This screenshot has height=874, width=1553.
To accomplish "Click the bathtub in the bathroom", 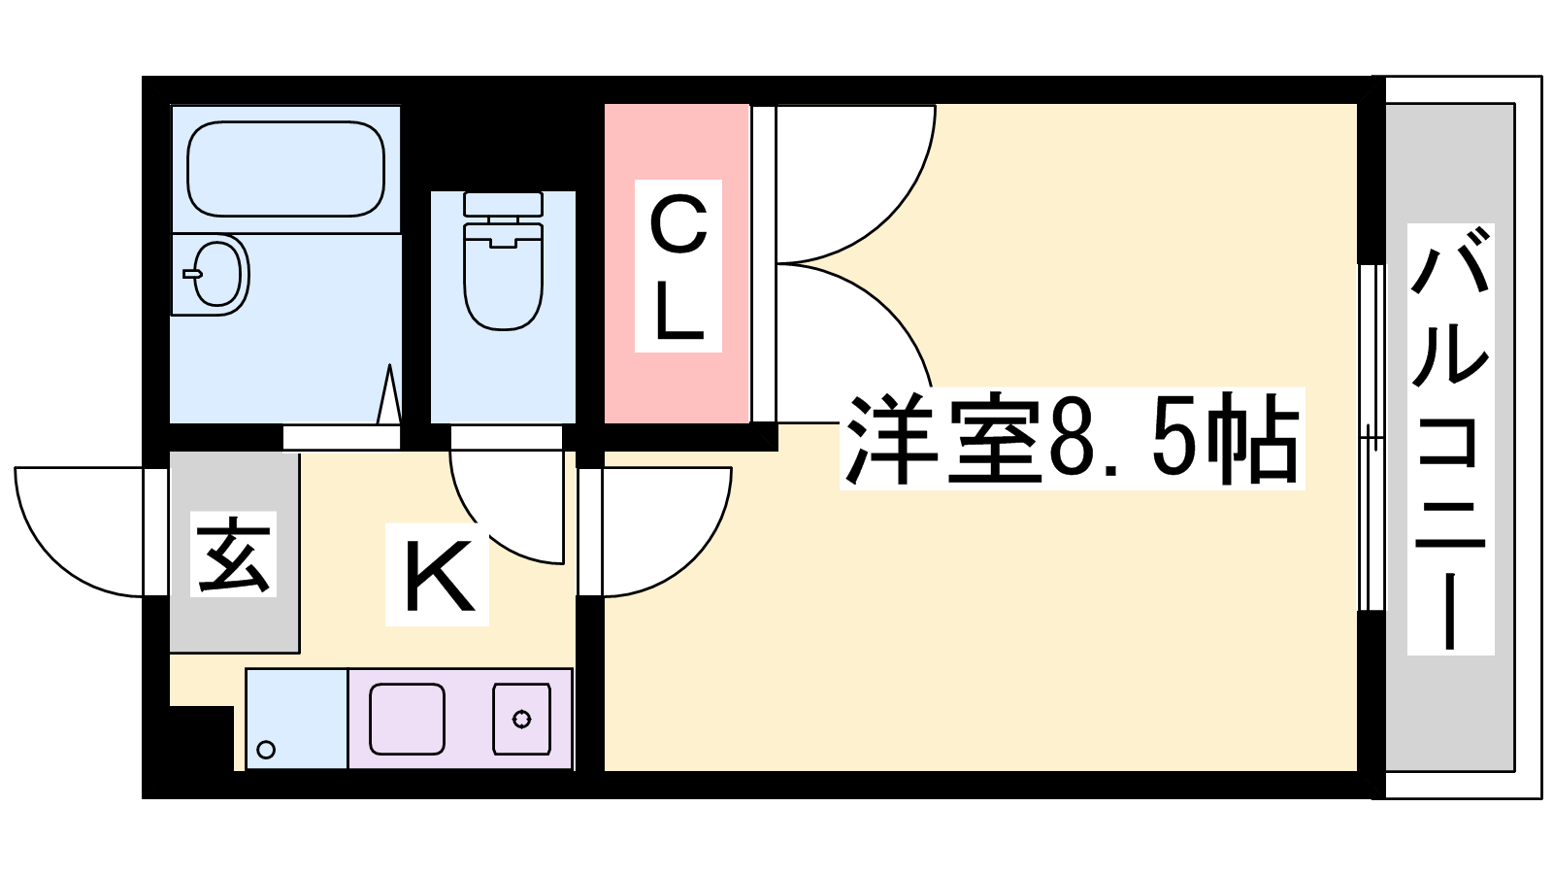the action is tap(285, 169).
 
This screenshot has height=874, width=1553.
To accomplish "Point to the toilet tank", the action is tap(503, 203).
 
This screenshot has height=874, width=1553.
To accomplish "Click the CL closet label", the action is tap(678, 266).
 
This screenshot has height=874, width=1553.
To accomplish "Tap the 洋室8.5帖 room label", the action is tap(1072, 438).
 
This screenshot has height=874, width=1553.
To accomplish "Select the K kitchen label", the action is tap(438, 574).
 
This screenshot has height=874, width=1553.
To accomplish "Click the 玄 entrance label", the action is tap(233, 555).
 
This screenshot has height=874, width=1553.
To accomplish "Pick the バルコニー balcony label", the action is tap(1450, 439).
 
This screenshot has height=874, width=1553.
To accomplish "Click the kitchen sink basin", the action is tap(407, 720).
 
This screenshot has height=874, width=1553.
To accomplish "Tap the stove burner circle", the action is tap(521, 720).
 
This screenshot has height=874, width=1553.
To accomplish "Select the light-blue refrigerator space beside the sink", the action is tap(297, 719).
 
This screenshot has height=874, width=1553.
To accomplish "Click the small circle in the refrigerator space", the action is tap(266, 750).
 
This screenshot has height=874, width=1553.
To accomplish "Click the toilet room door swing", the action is tap(506, 507).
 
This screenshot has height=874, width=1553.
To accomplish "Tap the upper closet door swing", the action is tap(856, 185).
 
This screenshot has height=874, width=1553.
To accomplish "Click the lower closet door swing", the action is tap(855, 344).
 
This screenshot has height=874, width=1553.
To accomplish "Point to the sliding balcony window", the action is tap(1371, 438).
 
